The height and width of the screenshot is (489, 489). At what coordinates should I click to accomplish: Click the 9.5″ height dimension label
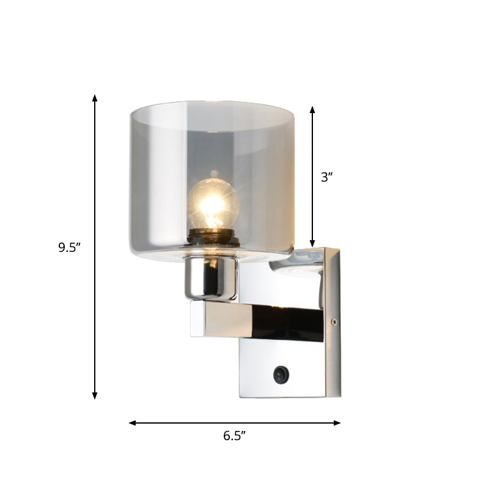tap(70, 248)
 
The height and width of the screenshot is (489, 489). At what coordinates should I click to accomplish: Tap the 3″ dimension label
tap(327, 177)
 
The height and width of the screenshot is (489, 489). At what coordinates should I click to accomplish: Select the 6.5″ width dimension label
tap(234, 436)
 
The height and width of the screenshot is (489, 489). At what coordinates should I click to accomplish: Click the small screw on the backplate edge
tap(333, 322)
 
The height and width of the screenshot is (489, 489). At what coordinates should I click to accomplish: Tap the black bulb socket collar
tap(213, 236)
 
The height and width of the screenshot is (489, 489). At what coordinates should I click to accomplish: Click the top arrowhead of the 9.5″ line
tap(95, 98)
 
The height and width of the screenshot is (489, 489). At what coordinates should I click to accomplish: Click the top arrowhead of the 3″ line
tap(312, 109)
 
